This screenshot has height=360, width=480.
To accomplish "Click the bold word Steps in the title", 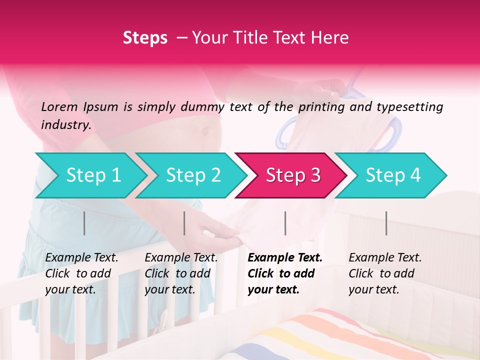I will (145, 38).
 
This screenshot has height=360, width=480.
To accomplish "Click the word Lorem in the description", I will (59, 106).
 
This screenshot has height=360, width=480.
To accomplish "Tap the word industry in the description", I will (66, 125).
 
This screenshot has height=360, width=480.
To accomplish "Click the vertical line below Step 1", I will (84, 223).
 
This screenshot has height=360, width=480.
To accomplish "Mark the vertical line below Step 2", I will (184, 223).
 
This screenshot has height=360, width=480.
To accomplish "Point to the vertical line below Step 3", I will (285, 223).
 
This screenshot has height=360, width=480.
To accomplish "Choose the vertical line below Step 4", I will (386, 223).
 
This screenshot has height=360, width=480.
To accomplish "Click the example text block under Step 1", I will (81, 273).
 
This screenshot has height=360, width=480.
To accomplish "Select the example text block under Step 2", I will (181, 273).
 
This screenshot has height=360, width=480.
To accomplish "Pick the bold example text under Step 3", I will (284, 273).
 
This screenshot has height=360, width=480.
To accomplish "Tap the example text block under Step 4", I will (385, 273).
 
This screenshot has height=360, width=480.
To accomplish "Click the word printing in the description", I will (319, 106).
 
